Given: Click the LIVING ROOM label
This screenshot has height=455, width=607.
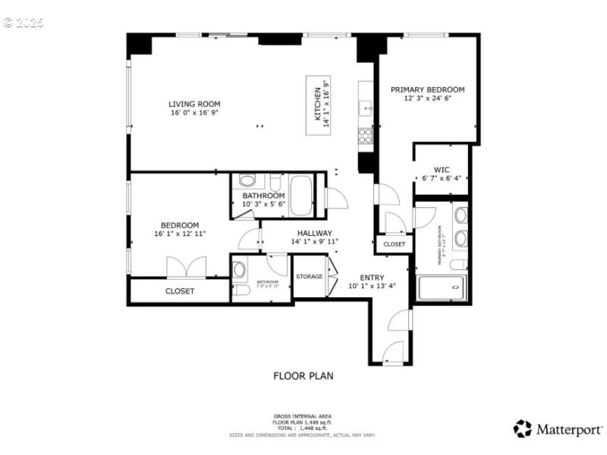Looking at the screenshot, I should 194,104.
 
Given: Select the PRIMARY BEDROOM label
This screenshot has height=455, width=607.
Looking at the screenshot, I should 427,89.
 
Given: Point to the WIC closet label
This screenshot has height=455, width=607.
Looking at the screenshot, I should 442,170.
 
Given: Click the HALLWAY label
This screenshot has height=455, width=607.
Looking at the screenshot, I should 314,233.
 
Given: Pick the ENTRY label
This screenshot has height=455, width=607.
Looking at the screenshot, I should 372,278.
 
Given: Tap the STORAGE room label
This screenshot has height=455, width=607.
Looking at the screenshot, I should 309,277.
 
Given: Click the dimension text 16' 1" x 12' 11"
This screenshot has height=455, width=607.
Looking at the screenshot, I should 180,234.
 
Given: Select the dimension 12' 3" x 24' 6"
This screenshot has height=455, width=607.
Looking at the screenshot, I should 427,99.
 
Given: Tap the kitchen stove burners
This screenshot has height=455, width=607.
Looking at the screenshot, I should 365,136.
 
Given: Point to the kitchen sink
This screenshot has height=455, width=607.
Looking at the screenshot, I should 365,107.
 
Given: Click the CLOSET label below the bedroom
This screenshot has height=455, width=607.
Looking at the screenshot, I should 180,291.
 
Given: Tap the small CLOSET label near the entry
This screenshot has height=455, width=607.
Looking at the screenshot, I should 394,245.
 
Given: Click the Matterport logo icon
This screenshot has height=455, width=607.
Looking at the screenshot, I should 522,429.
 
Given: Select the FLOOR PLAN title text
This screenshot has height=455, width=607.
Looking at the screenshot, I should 303,375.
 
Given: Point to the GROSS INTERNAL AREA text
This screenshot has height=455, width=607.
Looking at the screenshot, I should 303,416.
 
